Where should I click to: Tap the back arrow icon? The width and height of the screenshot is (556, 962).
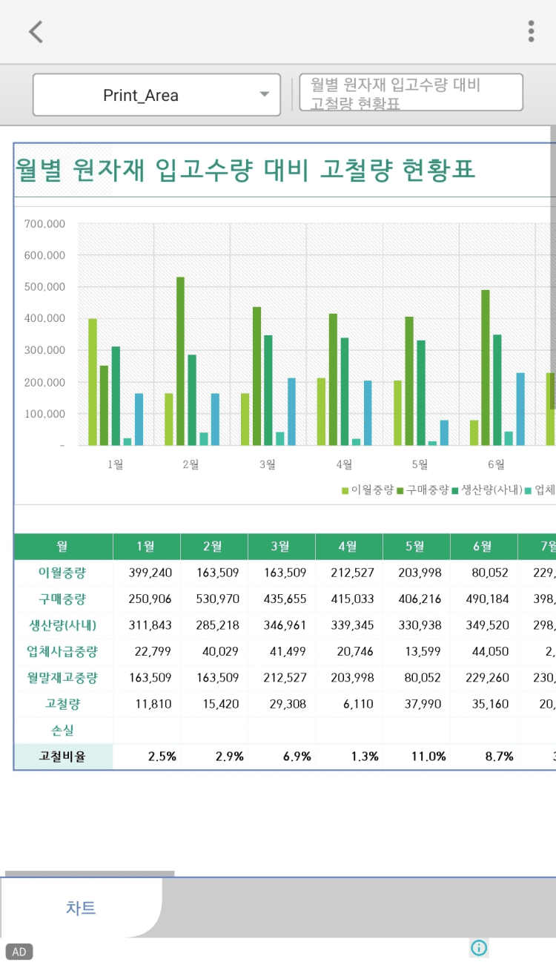click(x=36, y=32)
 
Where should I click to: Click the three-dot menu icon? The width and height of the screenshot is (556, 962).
click(x=531, y=31)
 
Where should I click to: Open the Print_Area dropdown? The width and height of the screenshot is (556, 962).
click(x=156, y=95)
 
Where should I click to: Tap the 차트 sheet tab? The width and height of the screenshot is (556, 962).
click(x=81, y=908)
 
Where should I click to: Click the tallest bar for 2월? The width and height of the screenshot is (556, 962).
click(x=180, y=361)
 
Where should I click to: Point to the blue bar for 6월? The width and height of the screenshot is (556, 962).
click(x=520, y=409)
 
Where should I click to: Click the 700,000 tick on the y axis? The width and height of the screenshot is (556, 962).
click(x=45, y=223)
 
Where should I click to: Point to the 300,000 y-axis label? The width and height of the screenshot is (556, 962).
click(x=45, y=350)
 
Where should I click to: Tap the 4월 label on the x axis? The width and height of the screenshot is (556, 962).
click(x=344, y=464)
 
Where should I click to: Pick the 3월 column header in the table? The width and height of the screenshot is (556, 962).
click(x=280, y=547)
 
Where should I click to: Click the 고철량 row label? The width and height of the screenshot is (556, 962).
click(x=62, y=703)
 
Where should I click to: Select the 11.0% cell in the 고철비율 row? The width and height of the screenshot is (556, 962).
click(x=429, y=757)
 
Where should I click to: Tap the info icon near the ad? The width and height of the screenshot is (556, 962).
click(x=479, y=947)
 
